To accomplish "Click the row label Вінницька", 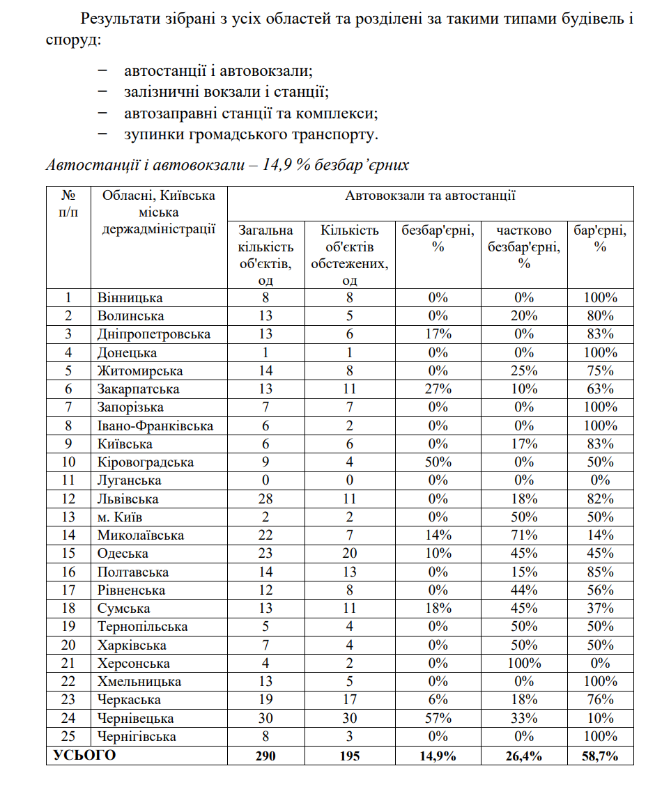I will click(x=130, y=298).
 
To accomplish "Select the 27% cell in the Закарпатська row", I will click(x=438, y=389).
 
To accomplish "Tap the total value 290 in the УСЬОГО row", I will click(x=265, y=756).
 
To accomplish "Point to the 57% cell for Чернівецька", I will click(x=438, y=719).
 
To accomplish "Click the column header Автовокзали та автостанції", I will click(x=430, y=196).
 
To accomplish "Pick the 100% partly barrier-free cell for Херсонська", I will click(x=524, y=664).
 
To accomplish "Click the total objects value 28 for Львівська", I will click(x=265, y=499).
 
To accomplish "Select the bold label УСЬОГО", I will click(x=84, y=756).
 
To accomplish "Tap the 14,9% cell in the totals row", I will click(x=438, y=756).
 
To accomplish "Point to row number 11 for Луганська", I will click(x=68, y=481).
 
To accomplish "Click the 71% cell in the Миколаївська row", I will click(x=524, y=536).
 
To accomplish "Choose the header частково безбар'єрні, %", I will click(x=524, y=247).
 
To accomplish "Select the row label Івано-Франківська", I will click(x=155, y=426).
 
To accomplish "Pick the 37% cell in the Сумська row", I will click(x=600, y=609).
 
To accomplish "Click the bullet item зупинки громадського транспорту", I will click(x=251, y=133).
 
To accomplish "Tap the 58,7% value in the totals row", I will click(x=600, y=756).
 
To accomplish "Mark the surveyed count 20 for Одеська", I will click(x=350, y=554).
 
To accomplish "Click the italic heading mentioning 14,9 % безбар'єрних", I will click(x=227, y=166).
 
